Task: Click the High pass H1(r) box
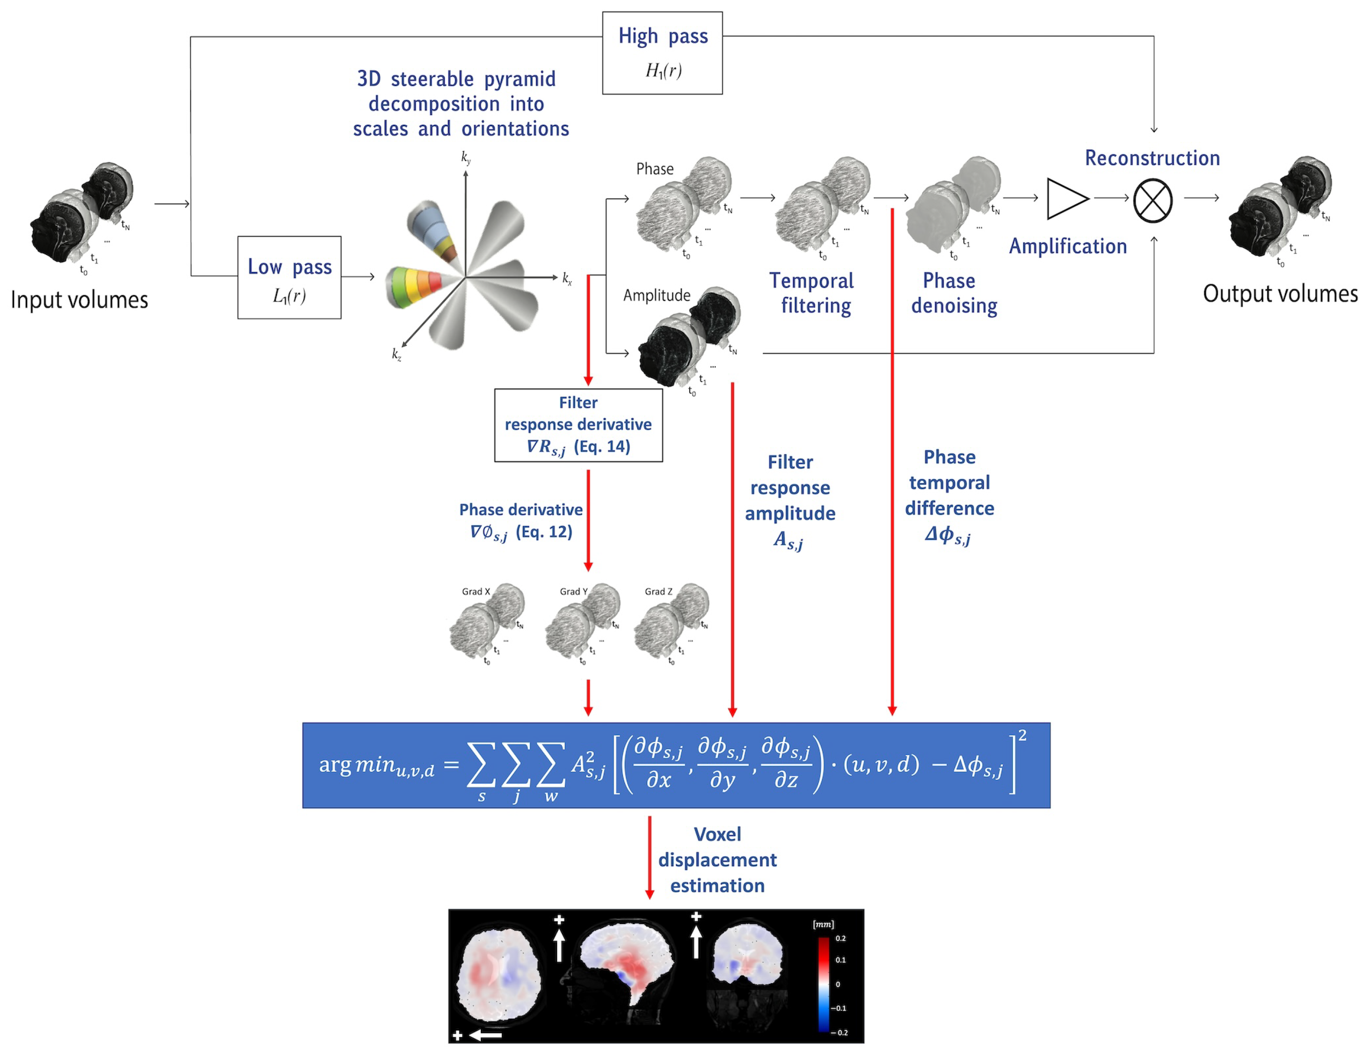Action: [662, 53]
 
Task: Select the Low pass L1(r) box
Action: [289, 278]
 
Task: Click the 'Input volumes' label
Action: [79, 300]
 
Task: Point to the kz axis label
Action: [396, 354]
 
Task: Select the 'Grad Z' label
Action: [658, 591]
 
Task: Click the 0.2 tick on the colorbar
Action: [841, 938]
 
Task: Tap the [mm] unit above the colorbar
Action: [823, 924]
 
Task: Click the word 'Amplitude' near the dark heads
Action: [656, 296]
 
